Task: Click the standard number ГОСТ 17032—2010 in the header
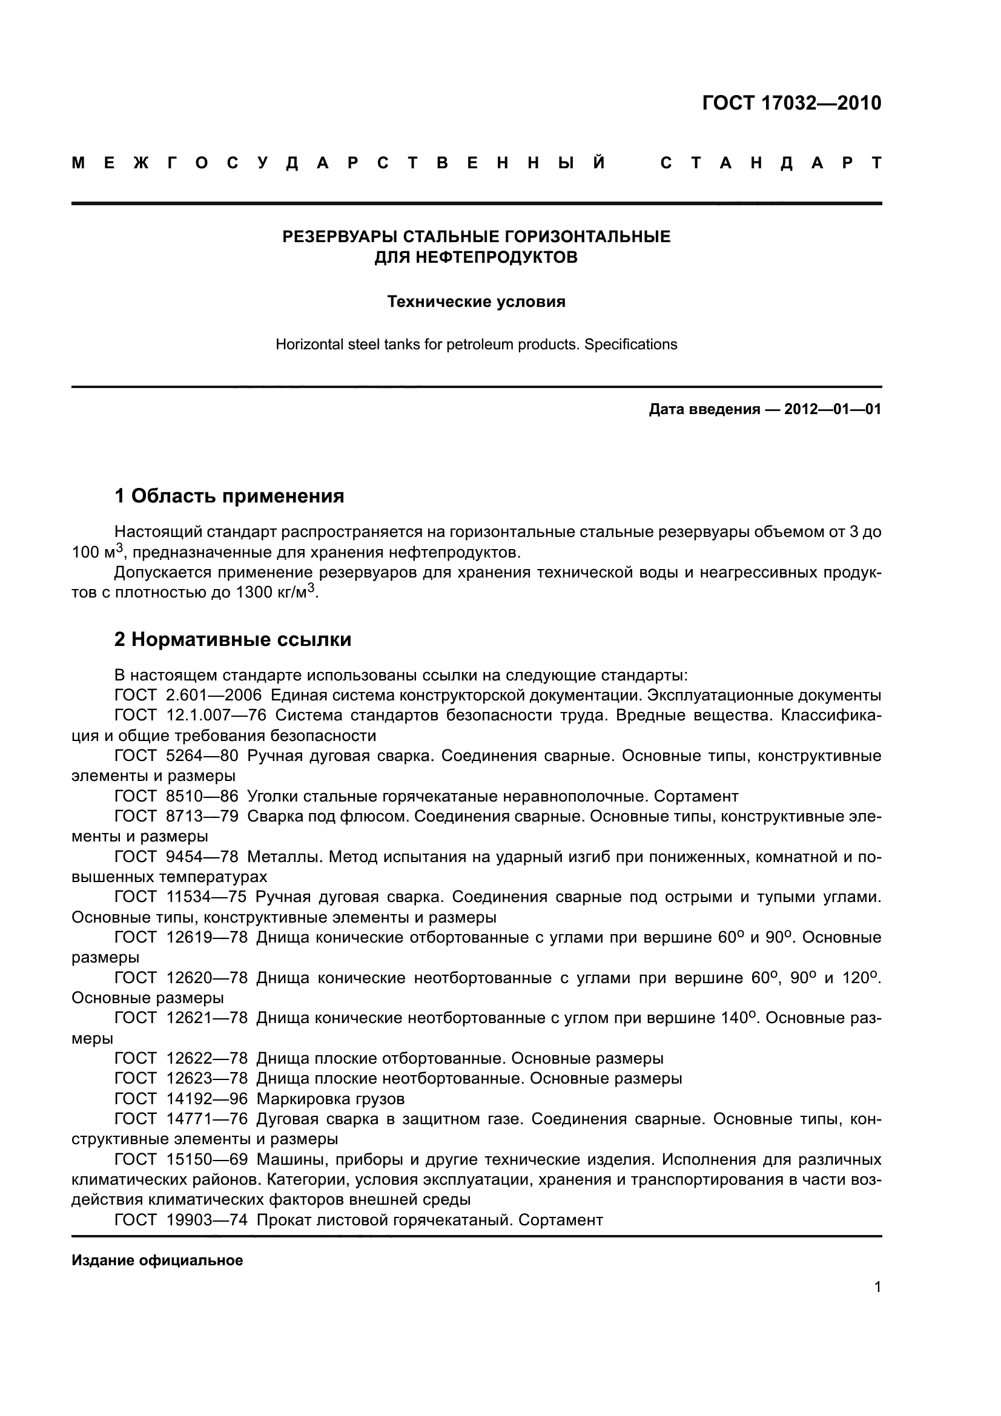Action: [x=791, y=103]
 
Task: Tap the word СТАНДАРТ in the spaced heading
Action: [x=770, y=163]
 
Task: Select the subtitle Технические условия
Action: [x=476, y=301]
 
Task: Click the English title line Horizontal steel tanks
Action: [x=476, y=344]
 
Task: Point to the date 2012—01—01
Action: [x=832, y=409]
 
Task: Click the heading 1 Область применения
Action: [x=229, y=495]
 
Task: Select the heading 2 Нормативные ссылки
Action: [x=233, y=639]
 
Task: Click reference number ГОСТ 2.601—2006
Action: [x=188, y=695]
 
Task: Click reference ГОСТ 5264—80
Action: [x=176, y=756]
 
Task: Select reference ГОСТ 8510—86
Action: [x=176, y=796]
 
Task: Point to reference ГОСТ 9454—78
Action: [x=176, y=857]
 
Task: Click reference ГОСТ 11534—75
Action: [x=180, y=897]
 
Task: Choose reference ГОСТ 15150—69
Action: [x=180, y=1159]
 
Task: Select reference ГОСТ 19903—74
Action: [x=180, y=1220]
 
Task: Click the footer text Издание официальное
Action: [x=157, y=1260]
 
